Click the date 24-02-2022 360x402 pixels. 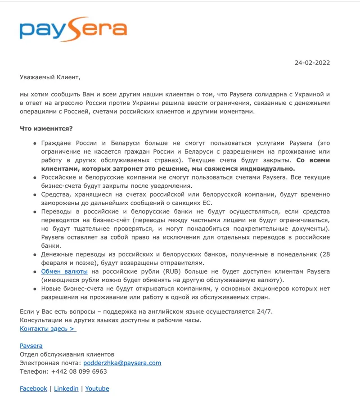coord(312,63)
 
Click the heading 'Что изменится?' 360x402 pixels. coord(46,128)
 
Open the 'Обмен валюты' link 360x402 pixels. coord(65,271)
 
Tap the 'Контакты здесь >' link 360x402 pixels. coord(48,329)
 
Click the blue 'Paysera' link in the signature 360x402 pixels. coord(31,346)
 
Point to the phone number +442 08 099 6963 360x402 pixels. coord(79,371)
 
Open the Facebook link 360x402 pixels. coord(33,388)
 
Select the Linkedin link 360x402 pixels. coord(66,388)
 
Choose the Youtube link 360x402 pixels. coord(97,388)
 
